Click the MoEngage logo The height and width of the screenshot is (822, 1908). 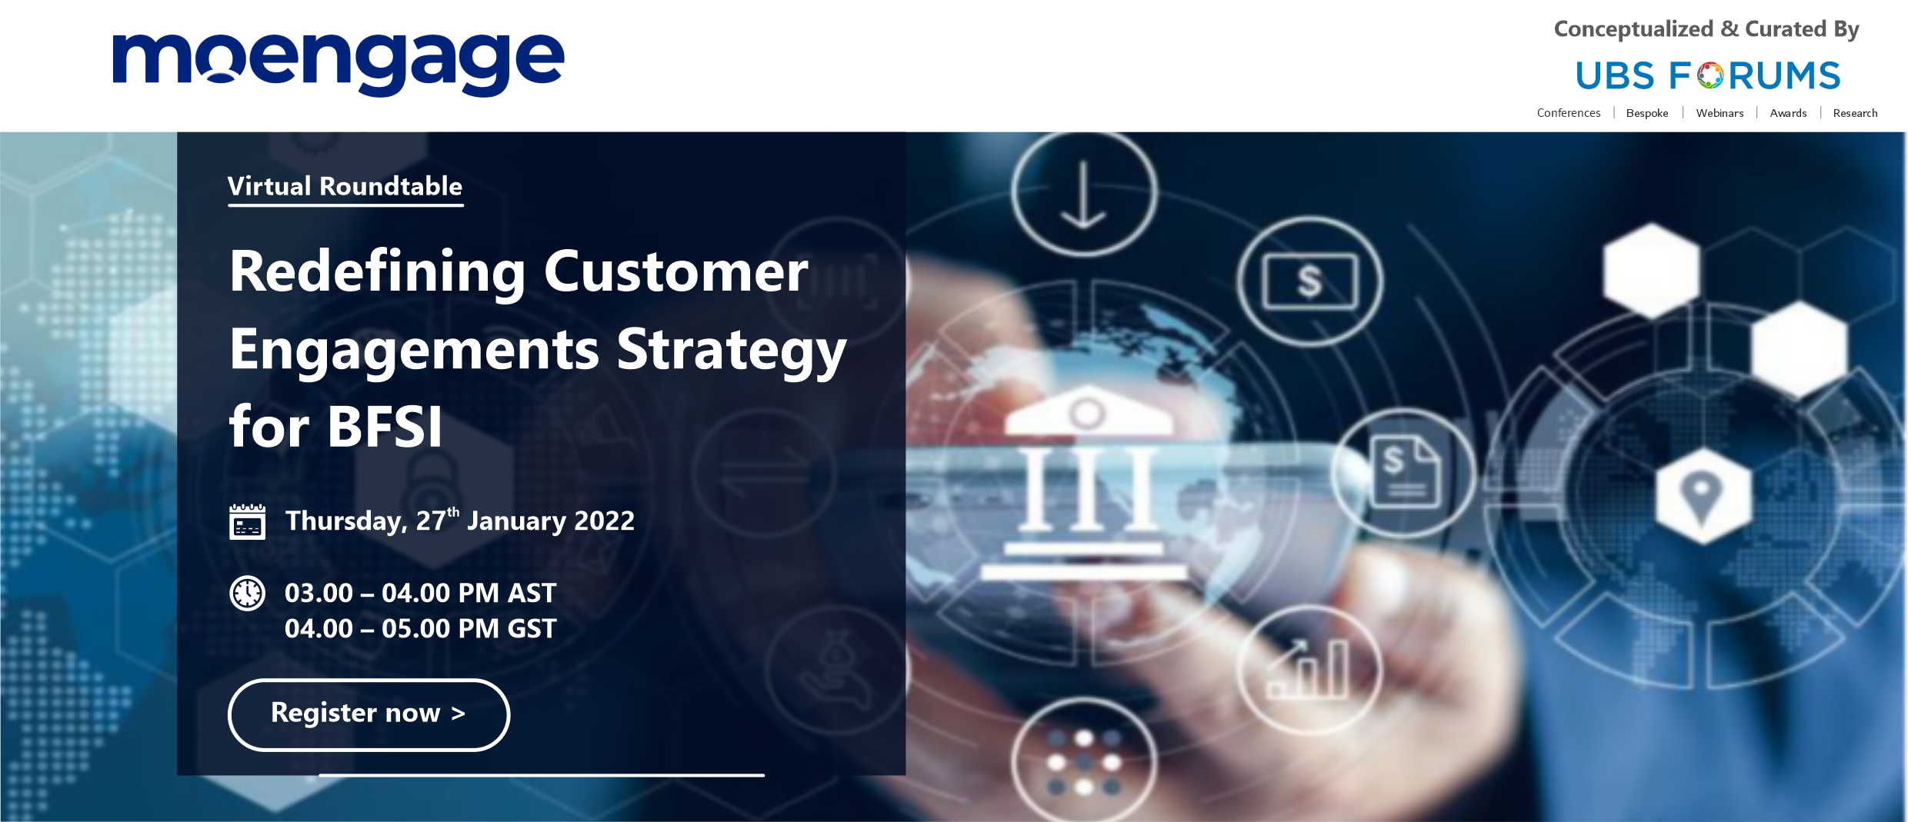pos(339,65)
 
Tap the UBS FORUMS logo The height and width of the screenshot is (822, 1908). pos(1708,75)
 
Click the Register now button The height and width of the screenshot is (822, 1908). pos(369,714)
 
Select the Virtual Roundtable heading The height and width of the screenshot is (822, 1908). pos(345,186)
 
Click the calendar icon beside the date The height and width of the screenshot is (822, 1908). pos(247,522)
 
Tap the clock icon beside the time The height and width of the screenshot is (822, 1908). pos(247,594)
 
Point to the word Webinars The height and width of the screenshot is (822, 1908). pos(1720,113)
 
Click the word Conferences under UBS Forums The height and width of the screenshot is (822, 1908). pos(1569,113)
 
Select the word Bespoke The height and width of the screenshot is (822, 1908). pos(1647,113)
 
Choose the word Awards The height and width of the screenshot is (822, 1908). pos(1788,113)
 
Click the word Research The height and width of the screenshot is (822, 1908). pos(1855,113)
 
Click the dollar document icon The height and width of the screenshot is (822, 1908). pos(1404,471)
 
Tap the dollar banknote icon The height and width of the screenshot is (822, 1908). pos(1310,281)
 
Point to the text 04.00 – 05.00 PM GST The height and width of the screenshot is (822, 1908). pos(420,629)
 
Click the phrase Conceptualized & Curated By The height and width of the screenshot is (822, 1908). pos(1706,29)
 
